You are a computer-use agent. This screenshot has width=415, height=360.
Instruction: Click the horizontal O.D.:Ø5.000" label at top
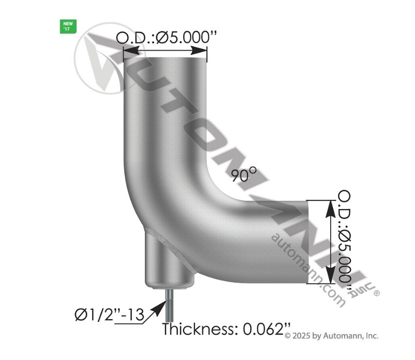point(166,38)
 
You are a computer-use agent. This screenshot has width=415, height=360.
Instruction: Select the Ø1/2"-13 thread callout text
point(109,315)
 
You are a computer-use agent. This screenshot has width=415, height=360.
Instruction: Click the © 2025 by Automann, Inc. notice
point(331,336)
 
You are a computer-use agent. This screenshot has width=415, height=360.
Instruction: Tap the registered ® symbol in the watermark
point(376,293)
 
